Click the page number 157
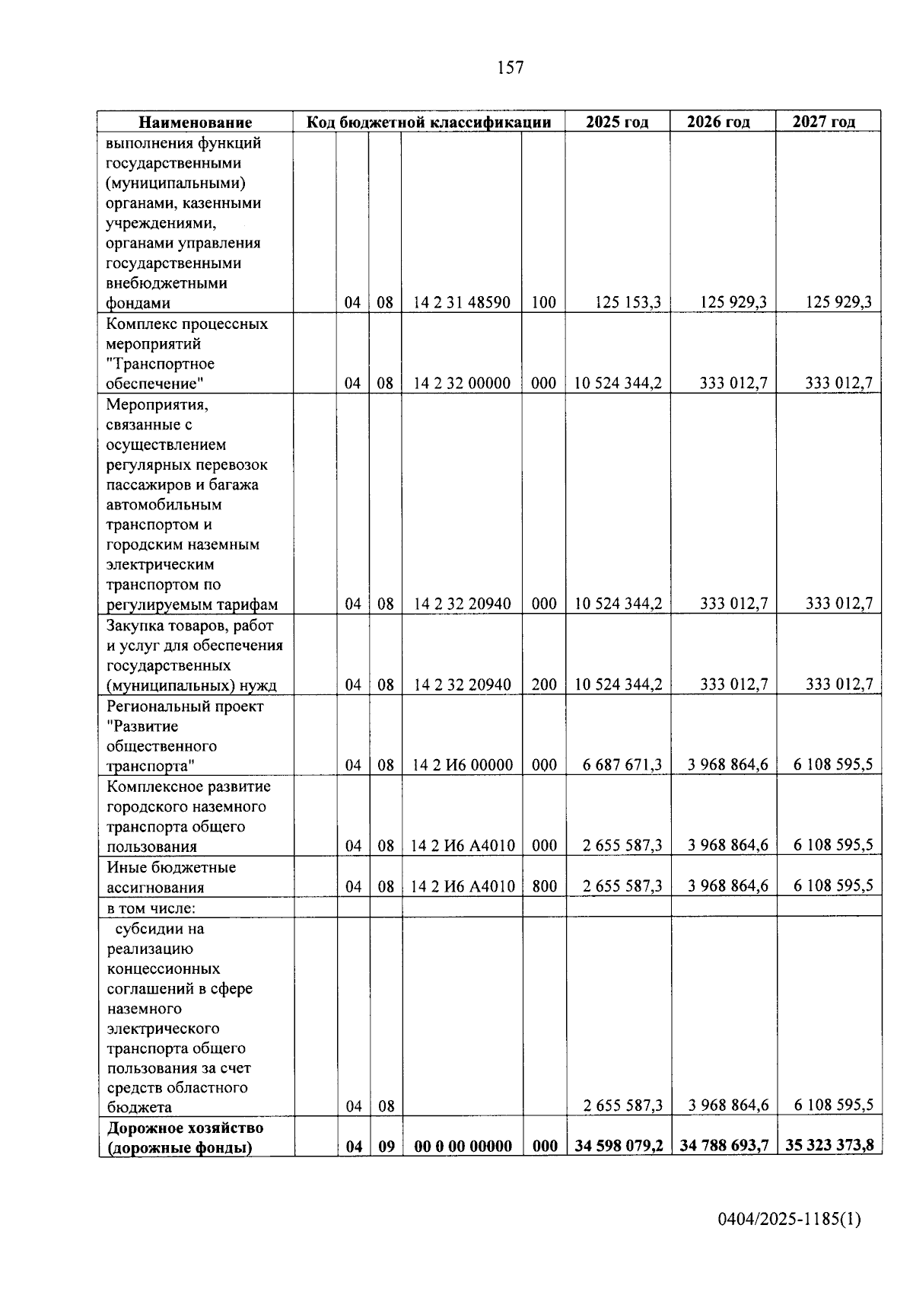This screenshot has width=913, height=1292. tap(510, 68)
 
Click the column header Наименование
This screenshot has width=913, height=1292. tap(195, 122)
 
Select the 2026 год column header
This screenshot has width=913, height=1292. tap(718, 122)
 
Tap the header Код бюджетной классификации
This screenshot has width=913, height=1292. tap(428, 122)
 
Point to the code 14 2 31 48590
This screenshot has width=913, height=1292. tap(462, 302)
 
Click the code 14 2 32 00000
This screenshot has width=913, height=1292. tap(462, 383)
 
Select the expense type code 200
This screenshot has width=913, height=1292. tap(544, 684)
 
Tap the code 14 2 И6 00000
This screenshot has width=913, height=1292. tap(462, 765)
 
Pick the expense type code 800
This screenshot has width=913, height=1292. tap(544, 886)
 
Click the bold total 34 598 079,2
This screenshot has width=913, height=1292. tap(619, 1146)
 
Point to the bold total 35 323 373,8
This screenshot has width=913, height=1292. tap(829, 1146)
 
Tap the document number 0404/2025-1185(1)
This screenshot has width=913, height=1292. tap(789, 1219)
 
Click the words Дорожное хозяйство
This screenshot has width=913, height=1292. tap(185, 1128)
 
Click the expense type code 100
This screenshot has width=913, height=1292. tap(544, 302)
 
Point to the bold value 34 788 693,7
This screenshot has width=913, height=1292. tap(724, 1146)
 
